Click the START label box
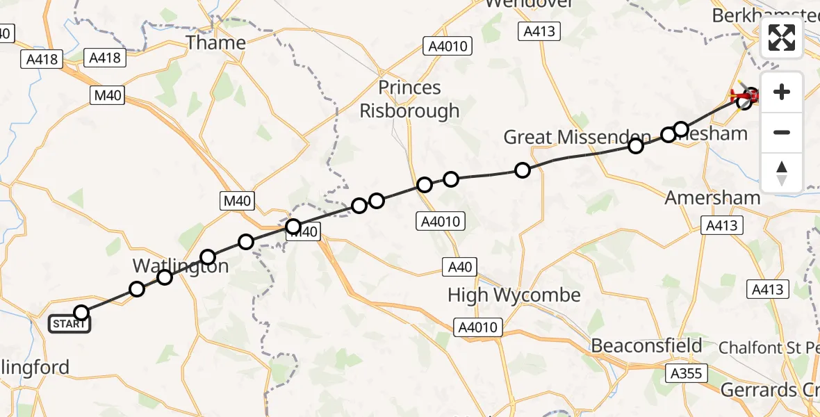tap(69, 324)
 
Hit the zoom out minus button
tap(782, 132)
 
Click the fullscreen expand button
tap(782, 38)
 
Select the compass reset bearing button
tap(782, 172)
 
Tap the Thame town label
tap(215, 43)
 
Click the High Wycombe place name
tap(514, 295)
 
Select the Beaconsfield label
tap(646, 345)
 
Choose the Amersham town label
tap(712, 197)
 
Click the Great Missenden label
tap(577, 137)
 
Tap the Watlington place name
tap(181, 265)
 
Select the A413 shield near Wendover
tap(539, 31)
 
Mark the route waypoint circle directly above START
tap(81, 313)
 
